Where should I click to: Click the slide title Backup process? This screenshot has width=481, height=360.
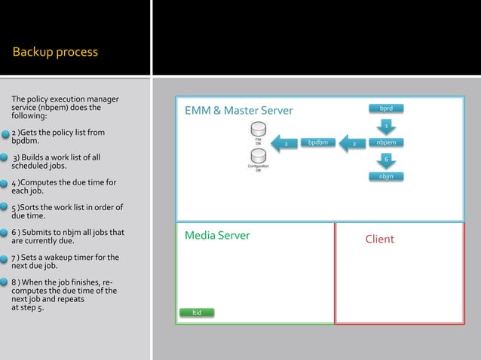[x=55, y=52]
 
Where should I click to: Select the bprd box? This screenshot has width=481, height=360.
[x=385, y=108]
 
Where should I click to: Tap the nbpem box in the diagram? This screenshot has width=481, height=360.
[x=385, y=142]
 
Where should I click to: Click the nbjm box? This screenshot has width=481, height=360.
[x=385, y=176]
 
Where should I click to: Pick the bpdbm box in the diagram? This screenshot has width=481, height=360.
[x=317, y=142]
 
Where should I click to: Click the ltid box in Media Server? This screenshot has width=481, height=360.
[x=196, y=313]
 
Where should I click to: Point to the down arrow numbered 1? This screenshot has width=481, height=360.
[x=385, y=125]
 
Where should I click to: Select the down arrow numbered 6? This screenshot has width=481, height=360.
[x=385, y=159]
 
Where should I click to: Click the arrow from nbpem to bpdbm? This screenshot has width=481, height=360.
[x=352, y=142]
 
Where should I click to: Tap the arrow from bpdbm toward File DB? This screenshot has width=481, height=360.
[x=283, y=142]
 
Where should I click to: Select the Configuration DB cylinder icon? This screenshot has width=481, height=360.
[x=259, y=157]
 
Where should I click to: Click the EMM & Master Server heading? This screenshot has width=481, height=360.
[x=238, y=111]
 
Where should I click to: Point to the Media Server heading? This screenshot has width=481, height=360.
[x=217, y=236]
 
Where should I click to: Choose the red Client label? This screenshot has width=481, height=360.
[x=379, y=239]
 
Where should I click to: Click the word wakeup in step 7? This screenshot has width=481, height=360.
[x=64, y=258]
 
